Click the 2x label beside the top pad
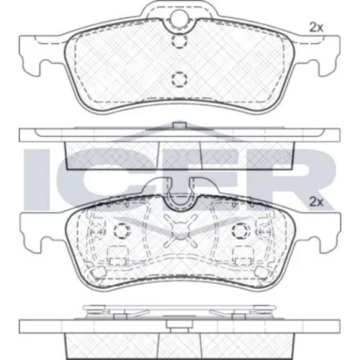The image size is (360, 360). pyautogui.click(x=316, y=27)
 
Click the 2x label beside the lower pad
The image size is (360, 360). pyautogui.click(x=316, y=202)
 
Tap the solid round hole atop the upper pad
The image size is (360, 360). pyautogui.click(x=179, y=19)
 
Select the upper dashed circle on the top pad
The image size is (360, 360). pyautogui.click(x=179, y=41)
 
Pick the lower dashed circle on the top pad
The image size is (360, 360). pyautogui.click(x=179, y=79)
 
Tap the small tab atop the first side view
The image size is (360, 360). pyautogui.click(x=179, y=125)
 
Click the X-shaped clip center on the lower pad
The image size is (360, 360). pyautogui.click(x=180, y=230)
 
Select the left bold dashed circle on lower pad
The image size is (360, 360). pyautogui.click(x=122, y=230)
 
